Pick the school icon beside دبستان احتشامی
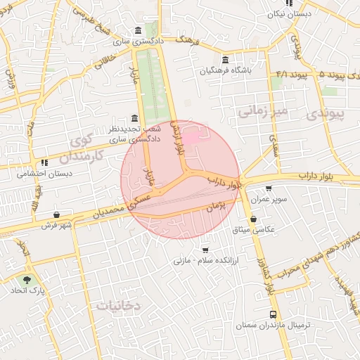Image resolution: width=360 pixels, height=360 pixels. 44,162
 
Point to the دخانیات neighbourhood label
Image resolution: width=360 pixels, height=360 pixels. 119,305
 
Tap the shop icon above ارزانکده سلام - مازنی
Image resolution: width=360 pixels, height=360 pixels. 205,249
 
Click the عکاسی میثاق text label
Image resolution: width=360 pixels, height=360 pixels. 259,229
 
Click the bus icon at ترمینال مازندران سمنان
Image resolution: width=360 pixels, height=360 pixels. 273,314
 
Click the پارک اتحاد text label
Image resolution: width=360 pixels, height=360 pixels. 31,290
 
